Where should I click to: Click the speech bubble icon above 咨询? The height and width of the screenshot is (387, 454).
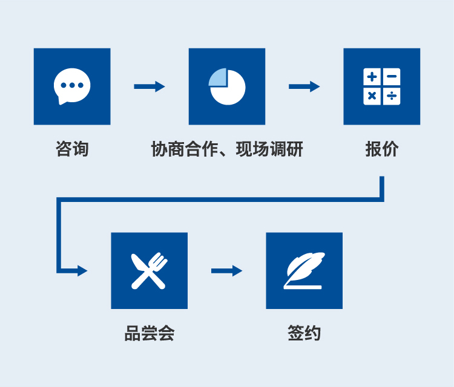[72, 86]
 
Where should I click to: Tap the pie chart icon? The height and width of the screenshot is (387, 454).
[227, 86]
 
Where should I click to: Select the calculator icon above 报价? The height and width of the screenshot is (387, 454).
[382, 86]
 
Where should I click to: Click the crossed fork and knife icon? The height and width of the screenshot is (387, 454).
[149, 270]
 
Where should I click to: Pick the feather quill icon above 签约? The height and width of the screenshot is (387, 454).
[304, 270]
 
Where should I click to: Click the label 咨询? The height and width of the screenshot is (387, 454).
[72, 149]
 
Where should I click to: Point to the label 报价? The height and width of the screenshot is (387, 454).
[382, 149]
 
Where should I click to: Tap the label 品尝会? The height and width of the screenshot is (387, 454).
[150, 333]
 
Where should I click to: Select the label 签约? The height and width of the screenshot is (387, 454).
[304, 333]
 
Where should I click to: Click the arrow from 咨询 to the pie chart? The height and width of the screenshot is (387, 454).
[149, 86]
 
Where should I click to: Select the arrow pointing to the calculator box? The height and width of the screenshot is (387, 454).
[304, 86]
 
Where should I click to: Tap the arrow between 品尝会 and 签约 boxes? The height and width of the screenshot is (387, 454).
[226, 270]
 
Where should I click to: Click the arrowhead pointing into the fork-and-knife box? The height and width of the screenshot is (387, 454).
[82, 270]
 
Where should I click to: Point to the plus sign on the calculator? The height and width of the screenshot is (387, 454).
[372, 77]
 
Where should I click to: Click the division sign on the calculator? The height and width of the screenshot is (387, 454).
[392, 96]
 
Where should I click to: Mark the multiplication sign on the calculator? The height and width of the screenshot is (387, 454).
[372, 96]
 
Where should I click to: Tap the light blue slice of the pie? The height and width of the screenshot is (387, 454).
[219, 77]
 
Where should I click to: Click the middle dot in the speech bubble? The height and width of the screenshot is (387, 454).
[72, 85]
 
